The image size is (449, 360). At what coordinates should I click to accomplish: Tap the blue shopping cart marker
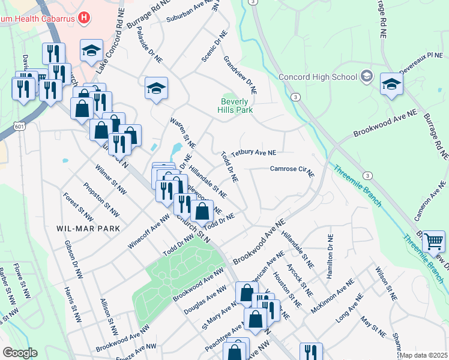[x=433, y=241]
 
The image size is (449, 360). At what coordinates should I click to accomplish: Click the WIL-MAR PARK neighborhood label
[x=88, y=229]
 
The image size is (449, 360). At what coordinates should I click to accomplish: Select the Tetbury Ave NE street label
[x=253, y=154]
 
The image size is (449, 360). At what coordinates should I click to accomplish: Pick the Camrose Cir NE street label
[x=292, y=170]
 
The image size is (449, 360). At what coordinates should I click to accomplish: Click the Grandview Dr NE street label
[x=240, y=75]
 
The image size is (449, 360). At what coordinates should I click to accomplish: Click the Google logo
[x=20, y=353]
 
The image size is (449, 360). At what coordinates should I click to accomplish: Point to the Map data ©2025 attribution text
[x=423, y=355]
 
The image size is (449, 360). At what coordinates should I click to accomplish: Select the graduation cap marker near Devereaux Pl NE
[x=391, y=85]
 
